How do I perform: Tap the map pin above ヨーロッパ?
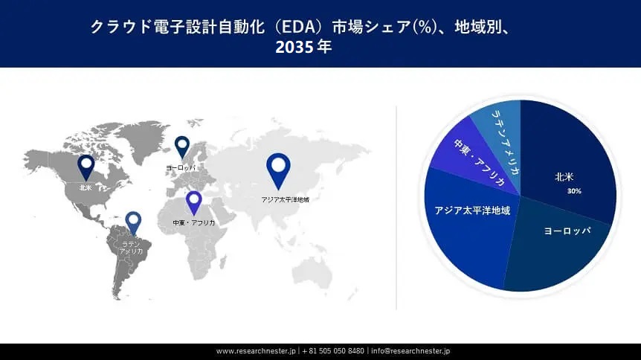(x=182, y=146)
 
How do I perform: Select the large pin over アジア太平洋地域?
(x=279, y=168)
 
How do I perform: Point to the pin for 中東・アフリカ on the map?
(x=194, y=202)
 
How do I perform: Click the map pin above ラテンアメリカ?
(x=133, y=222)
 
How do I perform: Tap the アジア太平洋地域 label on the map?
(x=285, y=200)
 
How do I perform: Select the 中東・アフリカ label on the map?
(x=193, y=222)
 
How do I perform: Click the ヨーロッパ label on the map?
(x=182, y=169)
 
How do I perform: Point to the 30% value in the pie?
(x=573, y=191)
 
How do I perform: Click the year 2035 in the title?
(x=291, y=47)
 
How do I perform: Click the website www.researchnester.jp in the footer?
(x=257, y=350)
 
